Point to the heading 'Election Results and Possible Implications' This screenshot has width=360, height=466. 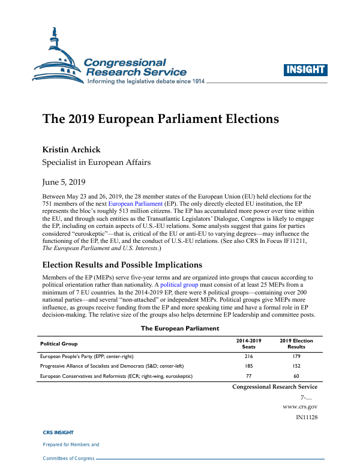pos(122,264)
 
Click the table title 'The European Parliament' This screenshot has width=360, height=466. pos(180,328)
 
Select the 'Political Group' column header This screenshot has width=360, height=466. pos(59,343)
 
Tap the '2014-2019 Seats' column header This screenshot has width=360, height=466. pos(248,344)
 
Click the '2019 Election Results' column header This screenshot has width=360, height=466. pos(296,344)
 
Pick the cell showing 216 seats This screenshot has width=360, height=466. pos(248,356)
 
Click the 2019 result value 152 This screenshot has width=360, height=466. pos(296,365)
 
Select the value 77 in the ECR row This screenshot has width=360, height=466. pos(248,375)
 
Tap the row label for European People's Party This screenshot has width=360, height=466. pos(86,356)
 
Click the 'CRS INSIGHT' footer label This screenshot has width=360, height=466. pos(58,432)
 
